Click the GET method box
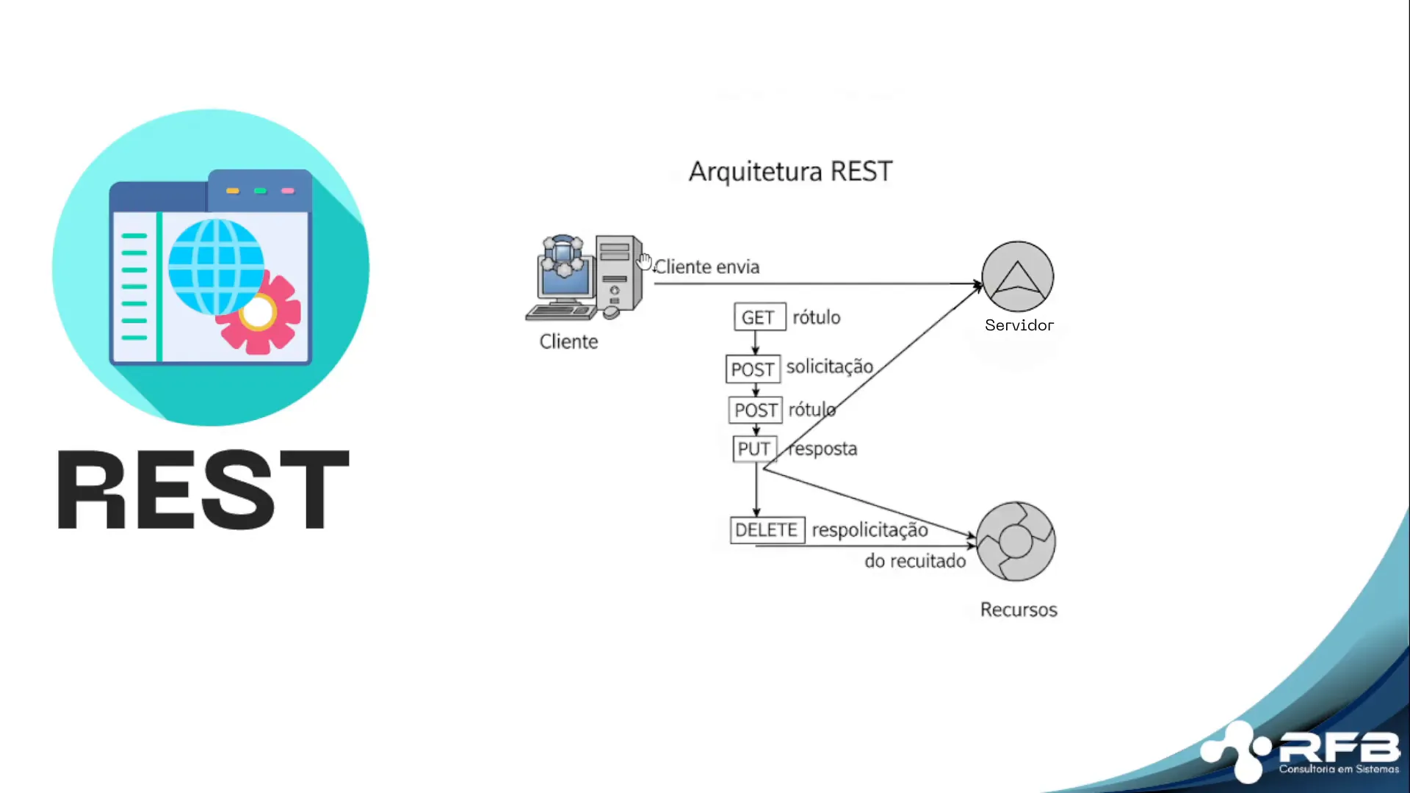pyautogui.click(x=759, y=317)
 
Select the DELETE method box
pyautogui.click(x=767, y=530)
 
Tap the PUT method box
pyautogui.click(x=754, y=449)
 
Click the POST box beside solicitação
pyautogui.click(x=753, y=369)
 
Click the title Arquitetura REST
pyautogui.click(x=790, y=171)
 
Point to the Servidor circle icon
pyautogui.click(x=1018, y=277)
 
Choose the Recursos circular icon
pyautogui.click(x=1016, y=542)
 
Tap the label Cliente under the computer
pyautogui.click(x=568, y=341)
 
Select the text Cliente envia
pyautogui.click(x=706, y=267)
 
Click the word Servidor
pyautogui.click(x=1019, y=325)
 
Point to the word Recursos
pyautogui.click(x=1019, y=609)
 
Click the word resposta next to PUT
pyautogui.click(x=823, y=449)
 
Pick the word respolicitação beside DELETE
pyautogui.click(x=869, y=530)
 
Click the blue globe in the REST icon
pyautogui.click(x=215, y=267)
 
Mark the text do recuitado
pyautogui.click(x=915, y=561)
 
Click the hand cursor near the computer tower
pyautogui.click(x=645, y=261)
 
